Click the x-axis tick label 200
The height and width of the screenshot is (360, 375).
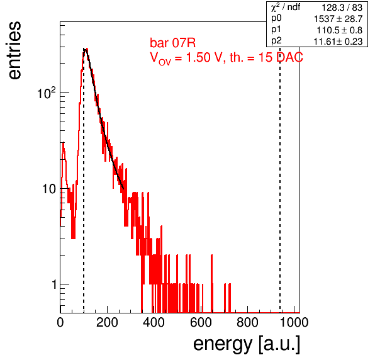107,322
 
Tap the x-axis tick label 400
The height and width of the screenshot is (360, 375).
154,322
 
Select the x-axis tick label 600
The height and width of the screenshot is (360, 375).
201,322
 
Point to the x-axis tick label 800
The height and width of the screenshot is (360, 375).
247,322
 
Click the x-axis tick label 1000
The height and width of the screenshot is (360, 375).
294,322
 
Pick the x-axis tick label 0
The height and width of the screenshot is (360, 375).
60,322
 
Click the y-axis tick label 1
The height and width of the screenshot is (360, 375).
54,284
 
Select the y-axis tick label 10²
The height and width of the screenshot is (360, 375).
47,93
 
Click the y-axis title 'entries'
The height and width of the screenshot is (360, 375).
15,50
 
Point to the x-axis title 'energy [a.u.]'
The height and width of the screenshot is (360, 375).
247,344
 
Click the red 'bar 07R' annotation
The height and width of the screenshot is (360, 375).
172,43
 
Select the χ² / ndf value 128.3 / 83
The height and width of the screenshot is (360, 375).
342,8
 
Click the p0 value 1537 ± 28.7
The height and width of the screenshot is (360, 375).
339,19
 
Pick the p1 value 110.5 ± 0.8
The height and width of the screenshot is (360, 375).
340,30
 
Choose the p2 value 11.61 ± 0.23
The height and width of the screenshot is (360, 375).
338,42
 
